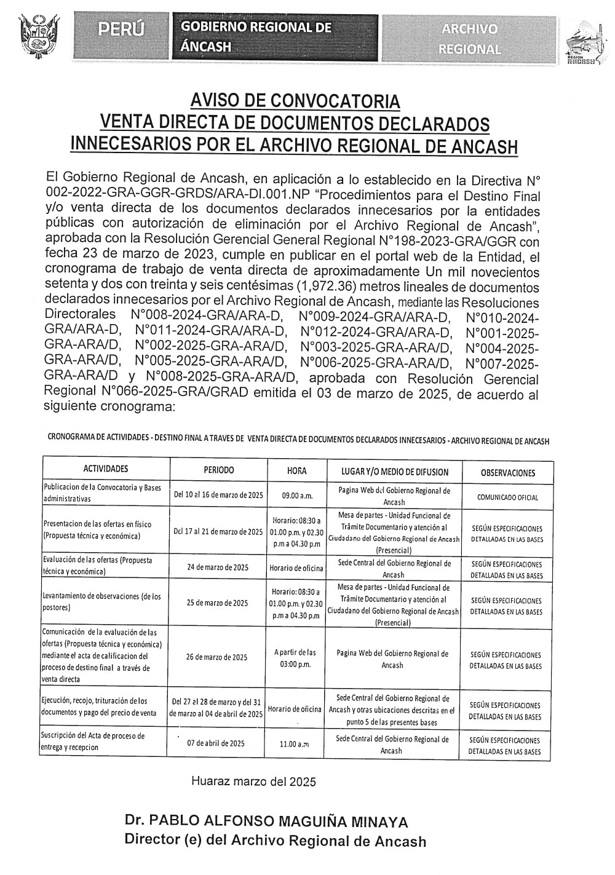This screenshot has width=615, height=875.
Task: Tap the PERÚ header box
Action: [121, 30]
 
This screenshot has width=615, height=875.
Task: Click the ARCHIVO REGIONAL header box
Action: [470, 36]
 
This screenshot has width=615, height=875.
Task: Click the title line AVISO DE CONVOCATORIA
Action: [295, 100]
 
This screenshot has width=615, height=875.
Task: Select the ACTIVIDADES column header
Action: [106, 469]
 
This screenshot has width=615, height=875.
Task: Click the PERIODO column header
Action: [219, 470]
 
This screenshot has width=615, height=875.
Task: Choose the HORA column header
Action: [297, 471]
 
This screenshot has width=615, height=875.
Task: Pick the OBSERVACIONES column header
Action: [507, 473]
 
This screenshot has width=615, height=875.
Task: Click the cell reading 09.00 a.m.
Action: [297, 494]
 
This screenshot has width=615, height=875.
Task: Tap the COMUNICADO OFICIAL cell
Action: [507, 497]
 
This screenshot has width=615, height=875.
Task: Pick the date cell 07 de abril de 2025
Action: [216, 743]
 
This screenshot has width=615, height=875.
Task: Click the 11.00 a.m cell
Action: [294, 744]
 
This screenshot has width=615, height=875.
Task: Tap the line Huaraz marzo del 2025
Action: [253, 782]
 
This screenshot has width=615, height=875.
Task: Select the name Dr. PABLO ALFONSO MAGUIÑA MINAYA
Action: [266, 821]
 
